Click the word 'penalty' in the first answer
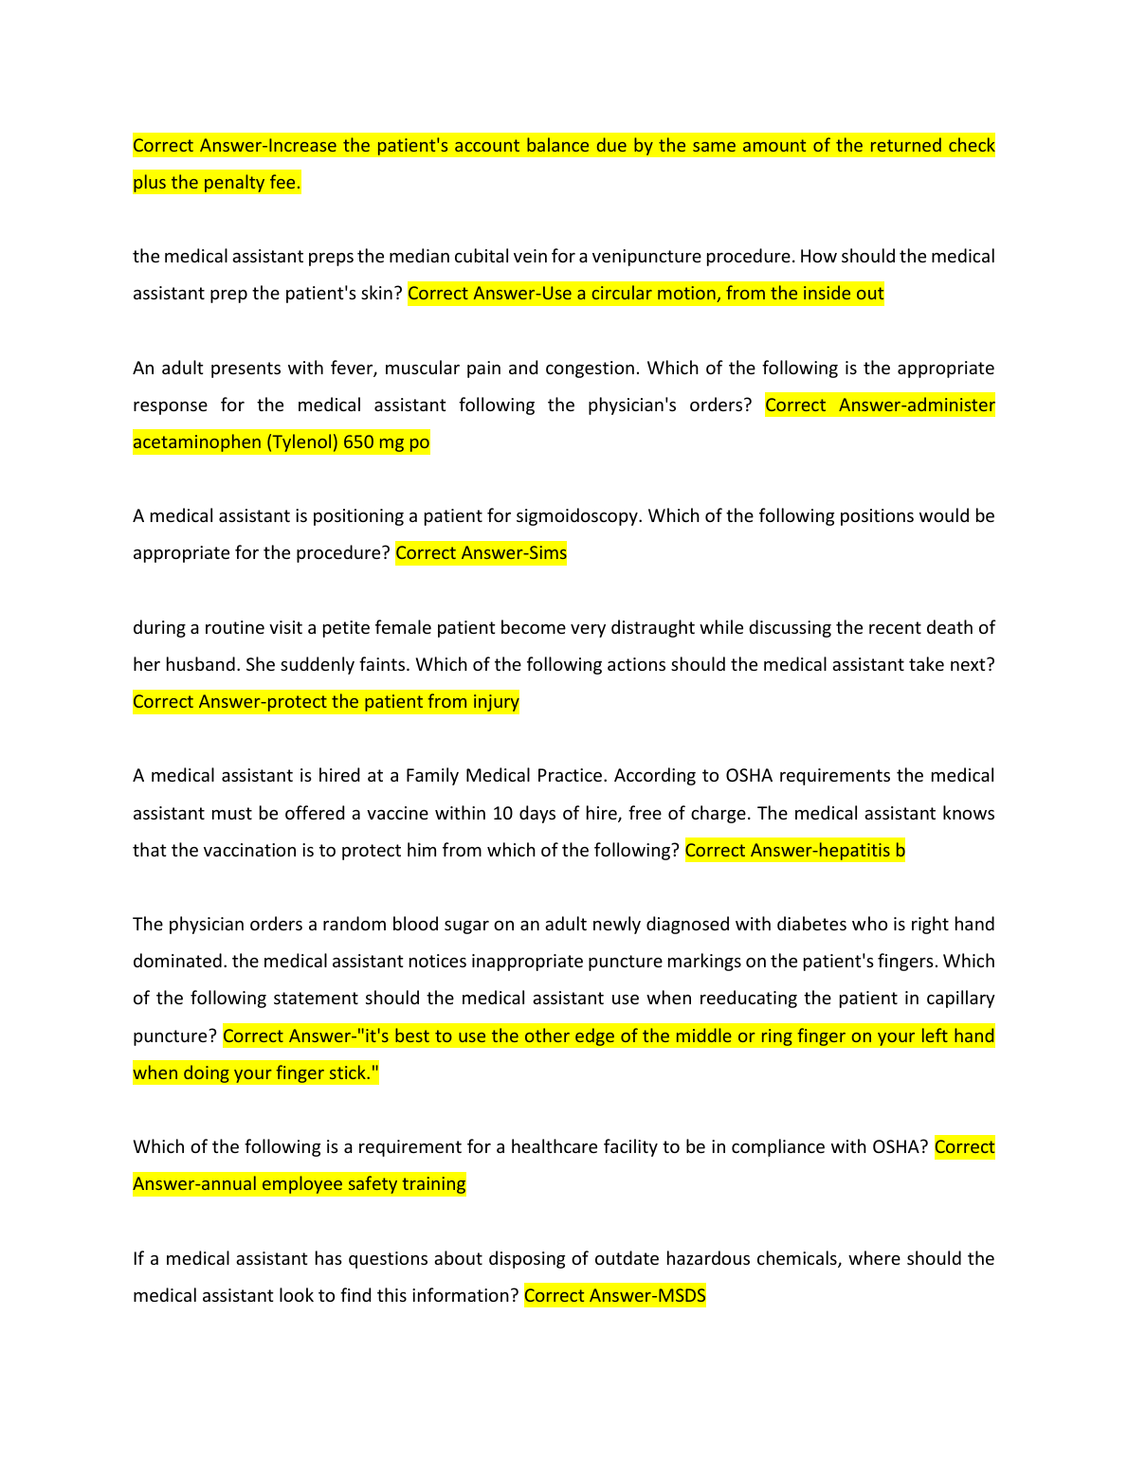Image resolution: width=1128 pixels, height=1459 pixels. (235, 183)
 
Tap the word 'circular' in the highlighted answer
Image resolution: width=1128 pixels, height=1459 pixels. (628, 294)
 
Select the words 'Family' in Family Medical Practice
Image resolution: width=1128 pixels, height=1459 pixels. (432, 776)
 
